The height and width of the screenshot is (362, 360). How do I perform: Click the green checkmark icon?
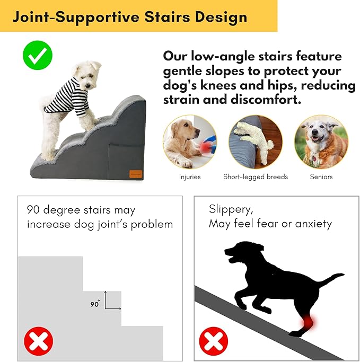point(38,54)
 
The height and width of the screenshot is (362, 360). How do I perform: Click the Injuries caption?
point(190,176)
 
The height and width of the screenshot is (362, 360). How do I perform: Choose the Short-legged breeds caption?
point(256,176)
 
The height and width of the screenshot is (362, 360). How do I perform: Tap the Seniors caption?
point(321,176)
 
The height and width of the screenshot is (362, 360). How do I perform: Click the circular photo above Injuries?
point(189,142)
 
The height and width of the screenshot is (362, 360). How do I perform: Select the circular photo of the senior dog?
point(321,142)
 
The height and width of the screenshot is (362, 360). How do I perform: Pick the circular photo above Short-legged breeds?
point(256,142)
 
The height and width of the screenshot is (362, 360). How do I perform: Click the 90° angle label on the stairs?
point(95,304)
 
